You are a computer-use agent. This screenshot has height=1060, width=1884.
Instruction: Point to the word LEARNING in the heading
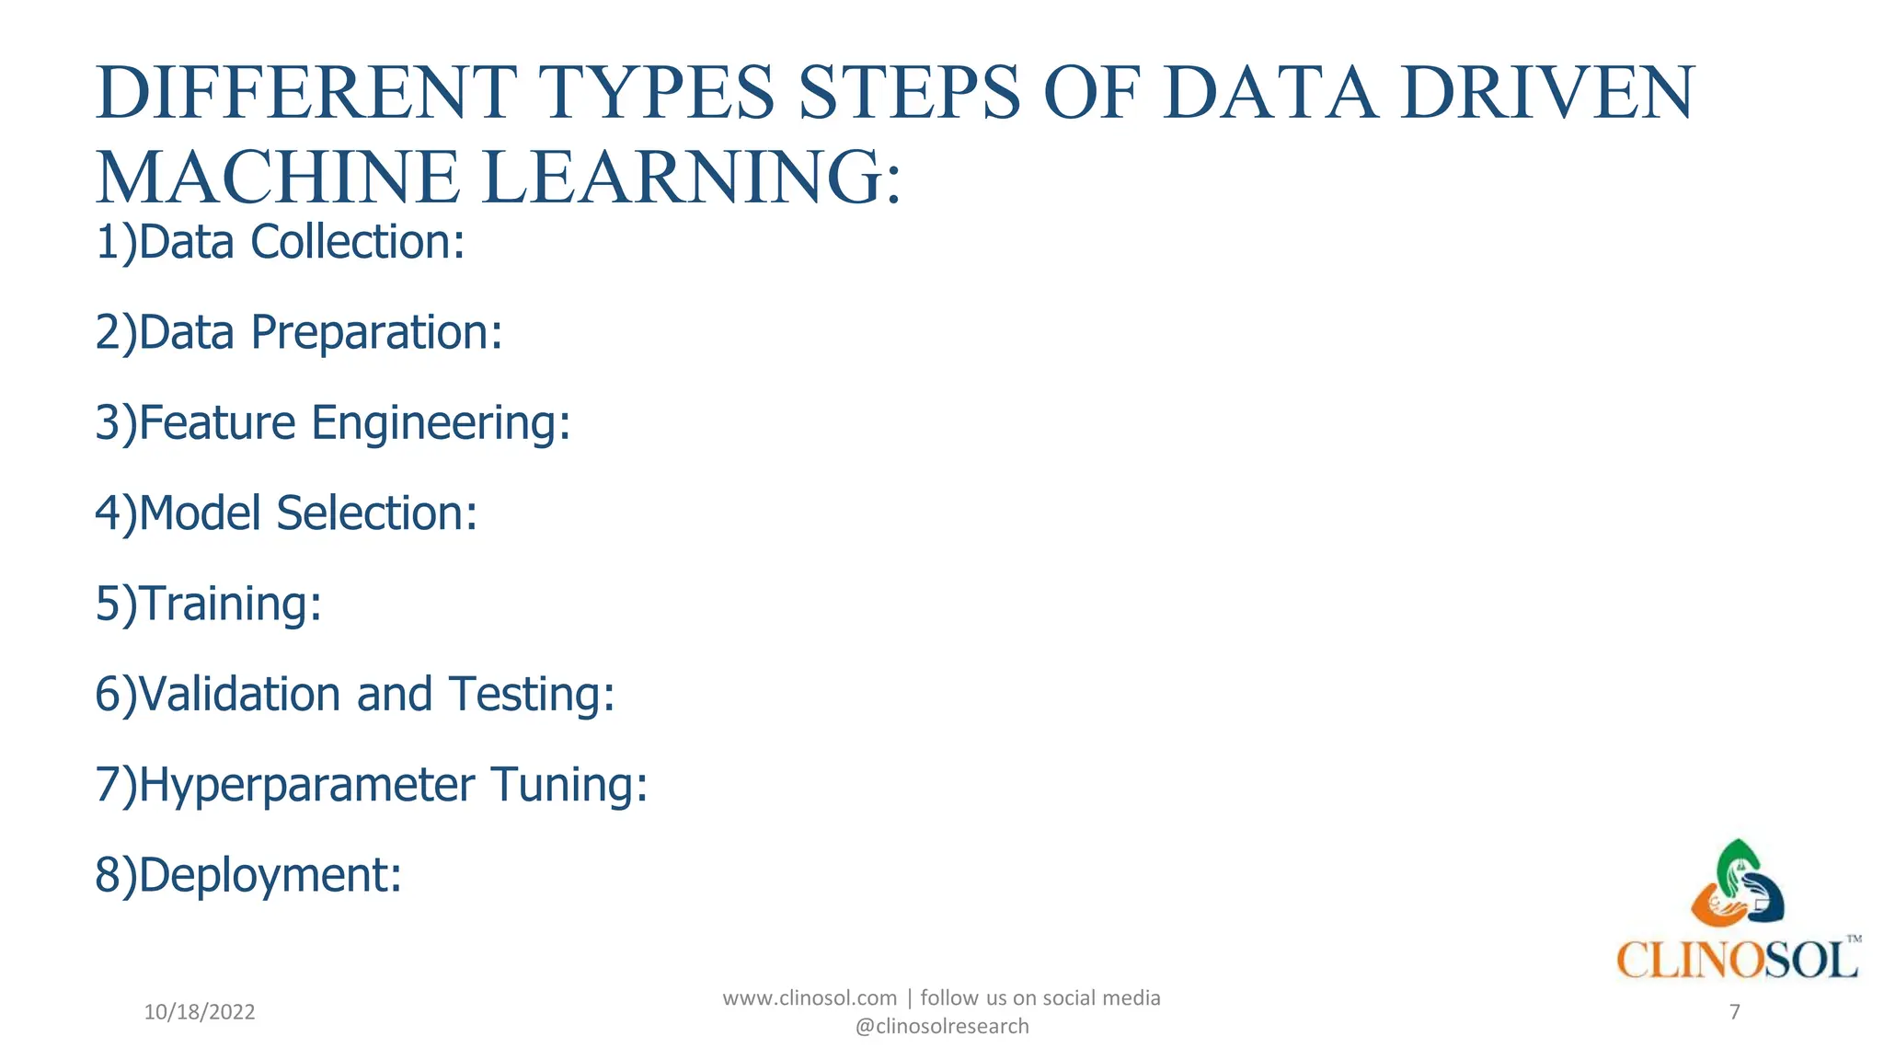tap(684, 178)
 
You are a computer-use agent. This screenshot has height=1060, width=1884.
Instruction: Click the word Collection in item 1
tap(358, 242)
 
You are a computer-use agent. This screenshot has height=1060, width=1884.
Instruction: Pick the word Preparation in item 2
tap(377, 333)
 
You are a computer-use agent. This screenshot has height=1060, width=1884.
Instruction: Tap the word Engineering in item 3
tap(441, 423)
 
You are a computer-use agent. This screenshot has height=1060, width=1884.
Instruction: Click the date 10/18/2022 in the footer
tap(200, 1013)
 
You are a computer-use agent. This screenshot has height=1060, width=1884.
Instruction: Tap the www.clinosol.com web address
tap(810, 998)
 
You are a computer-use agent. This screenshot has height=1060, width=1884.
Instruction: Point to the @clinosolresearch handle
tap(942, 1027)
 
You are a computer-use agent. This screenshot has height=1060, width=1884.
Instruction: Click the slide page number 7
tap(1735, 1013)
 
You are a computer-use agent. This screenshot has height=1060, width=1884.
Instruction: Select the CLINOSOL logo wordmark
tap(1737, 961)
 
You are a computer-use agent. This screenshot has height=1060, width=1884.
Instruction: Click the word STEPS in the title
tap(910, 93)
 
